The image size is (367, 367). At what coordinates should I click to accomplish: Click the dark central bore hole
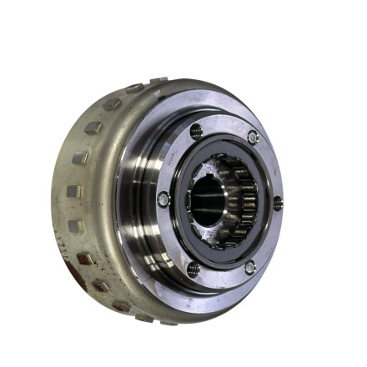point(208,201)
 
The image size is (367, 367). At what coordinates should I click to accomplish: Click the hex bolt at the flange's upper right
point(253,137)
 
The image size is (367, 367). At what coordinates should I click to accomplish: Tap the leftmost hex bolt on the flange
point(163,199)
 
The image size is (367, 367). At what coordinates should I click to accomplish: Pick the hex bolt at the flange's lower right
point(249,267)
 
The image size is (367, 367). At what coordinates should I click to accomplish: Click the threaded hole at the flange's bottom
point(193,269)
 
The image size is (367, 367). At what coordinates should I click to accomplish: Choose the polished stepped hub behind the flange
point(138,200)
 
